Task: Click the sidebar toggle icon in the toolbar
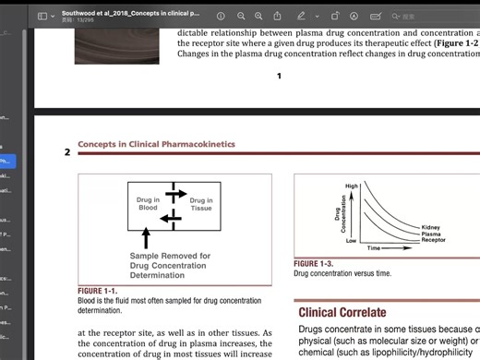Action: [x=42, y=16]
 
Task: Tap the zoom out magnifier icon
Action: [x=241, y=16]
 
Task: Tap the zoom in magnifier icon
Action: [x=259, y=16]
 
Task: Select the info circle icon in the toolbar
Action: [x=221, y=16]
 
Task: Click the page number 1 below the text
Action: [x=279, y=76]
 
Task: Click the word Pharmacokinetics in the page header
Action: [x=202, y=145]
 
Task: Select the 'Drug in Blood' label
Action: [x=149, y=203]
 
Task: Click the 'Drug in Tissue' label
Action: [x=200, y=203]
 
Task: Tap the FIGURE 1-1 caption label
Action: [x=97, y=291]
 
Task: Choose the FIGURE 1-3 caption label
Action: [x=313, y=264]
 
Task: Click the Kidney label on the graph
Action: [x=430, y=227]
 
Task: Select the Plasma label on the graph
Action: [x=431, y=234]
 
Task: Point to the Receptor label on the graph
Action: [x=433, y=240]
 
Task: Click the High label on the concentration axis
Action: [x=351, y=186]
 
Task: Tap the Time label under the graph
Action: [x=374, y=248]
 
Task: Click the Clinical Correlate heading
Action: [x=342, y=312]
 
